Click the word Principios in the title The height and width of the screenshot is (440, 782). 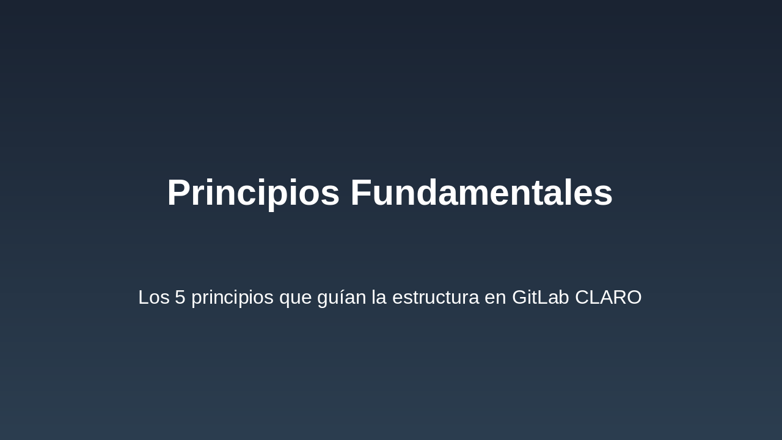tap(253, 193)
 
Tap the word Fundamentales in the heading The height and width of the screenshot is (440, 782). tap(481, 193)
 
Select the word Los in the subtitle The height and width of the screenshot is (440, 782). tap(153, 298)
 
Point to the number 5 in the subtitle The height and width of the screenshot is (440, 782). tap(180, 298)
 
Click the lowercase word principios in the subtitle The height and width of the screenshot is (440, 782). tap(232, 298)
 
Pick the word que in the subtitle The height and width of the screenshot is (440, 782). tap(295, 298)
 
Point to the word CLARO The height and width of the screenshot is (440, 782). tap(608, 298)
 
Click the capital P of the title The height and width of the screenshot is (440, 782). tap(178, 193)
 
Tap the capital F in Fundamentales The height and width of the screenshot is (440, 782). tap(361, 193)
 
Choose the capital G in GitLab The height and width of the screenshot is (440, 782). tap(520, 298)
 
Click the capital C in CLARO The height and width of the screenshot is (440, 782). tap(582, 298)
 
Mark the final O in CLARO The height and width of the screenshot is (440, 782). tap(634, 298)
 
